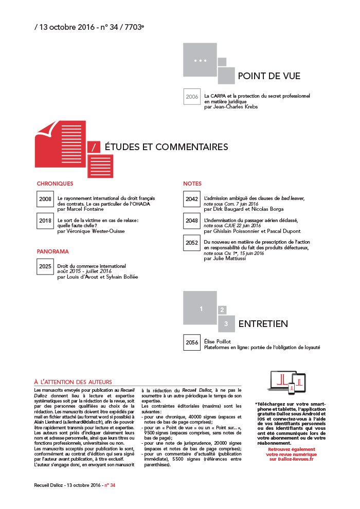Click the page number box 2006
point(192,97)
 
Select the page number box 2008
point(45,199)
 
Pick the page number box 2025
point(45,267)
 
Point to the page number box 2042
point(192,199)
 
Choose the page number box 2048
point(192,221)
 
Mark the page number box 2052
point(192,243)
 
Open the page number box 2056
point(192,342)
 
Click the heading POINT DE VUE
point(269,77)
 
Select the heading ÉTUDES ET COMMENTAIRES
point(166,147)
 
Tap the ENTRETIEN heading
point(263,324)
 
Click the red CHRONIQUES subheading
point(55,184)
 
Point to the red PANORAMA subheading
point(52,251)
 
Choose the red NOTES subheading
point(192,184)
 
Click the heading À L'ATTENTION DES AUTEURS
point(73,382)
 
